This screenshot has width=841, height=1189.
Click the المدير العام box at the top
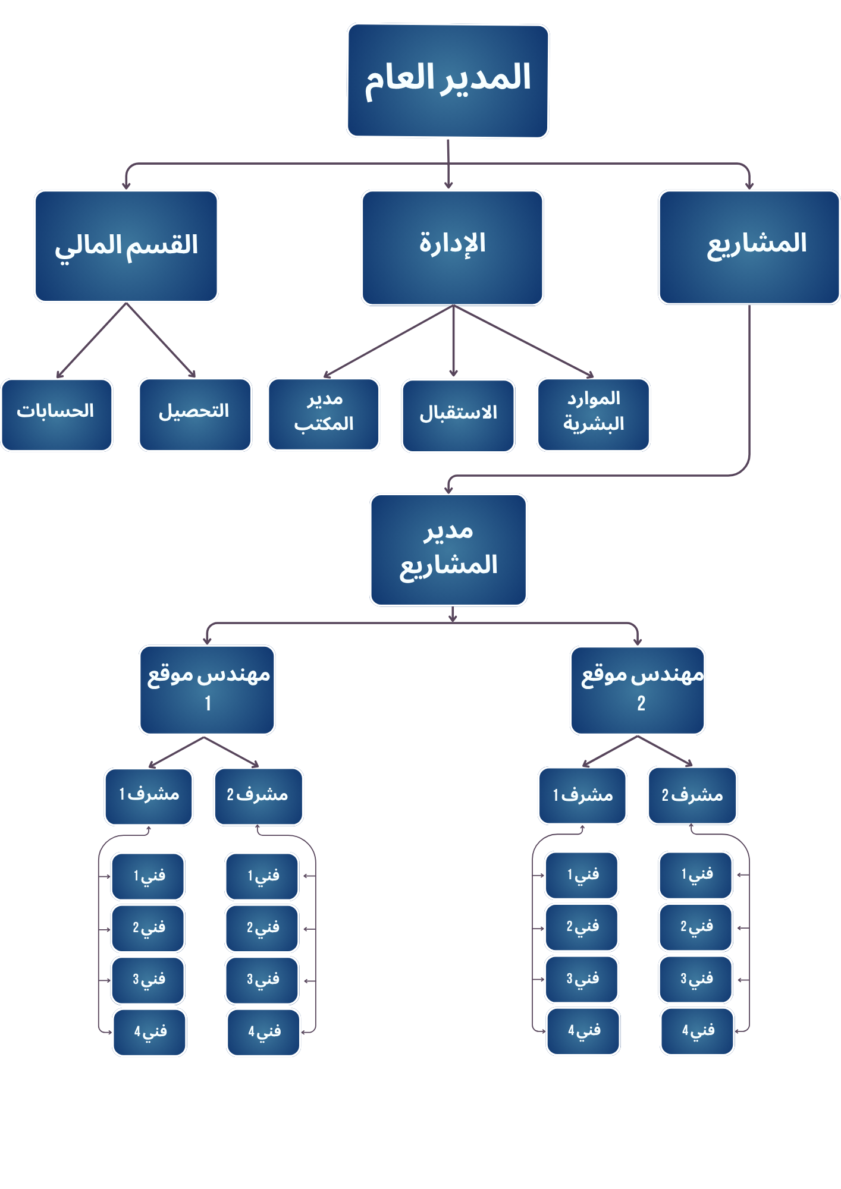tap(447, 80)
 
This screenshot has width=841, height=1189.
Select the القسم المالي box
tap(126, 246)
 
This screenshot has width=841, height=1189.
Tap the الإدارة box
tap(452, 247)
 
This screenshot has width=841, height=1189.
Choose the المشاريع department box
tap(749, 247)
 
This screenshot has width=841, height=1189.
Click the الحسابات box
tap(57, 414)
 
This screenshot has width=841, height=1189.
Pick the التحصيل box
tap(195, 414)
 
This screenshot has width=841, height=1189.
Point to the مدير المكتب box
tap(324, 414)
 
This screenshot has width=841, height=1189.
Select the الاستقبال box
tap(458, 415)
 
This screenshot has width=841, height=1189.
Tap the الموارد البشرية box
tap(593, 414)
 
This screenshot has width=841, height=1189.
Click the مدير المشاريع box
tap(448, 549)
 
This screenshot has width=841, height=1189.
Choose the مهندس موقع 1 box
tap(207, 690)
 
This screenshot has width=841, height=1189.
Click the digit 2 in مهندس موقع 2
tap(641, 704)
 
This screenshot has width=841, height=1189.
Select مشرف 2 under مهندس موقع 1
tap(258, 796)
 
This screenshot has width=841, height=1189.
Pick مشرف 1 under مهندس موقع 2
tap(582, 795)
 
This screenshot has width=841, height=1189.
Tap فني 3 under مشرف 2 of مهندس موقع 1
tap(262, 980)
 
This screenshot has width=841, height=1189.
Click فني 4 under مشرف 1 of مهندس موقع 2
tap(583, 1031)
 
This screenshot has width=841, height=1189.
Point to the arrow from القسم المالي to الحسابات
tap(91, 341)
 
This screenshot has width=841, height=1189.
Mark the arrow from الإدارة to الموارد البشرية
tap(523, 341)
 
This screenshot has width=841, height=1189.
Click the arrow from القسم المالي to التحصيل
tap(161, 340)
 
